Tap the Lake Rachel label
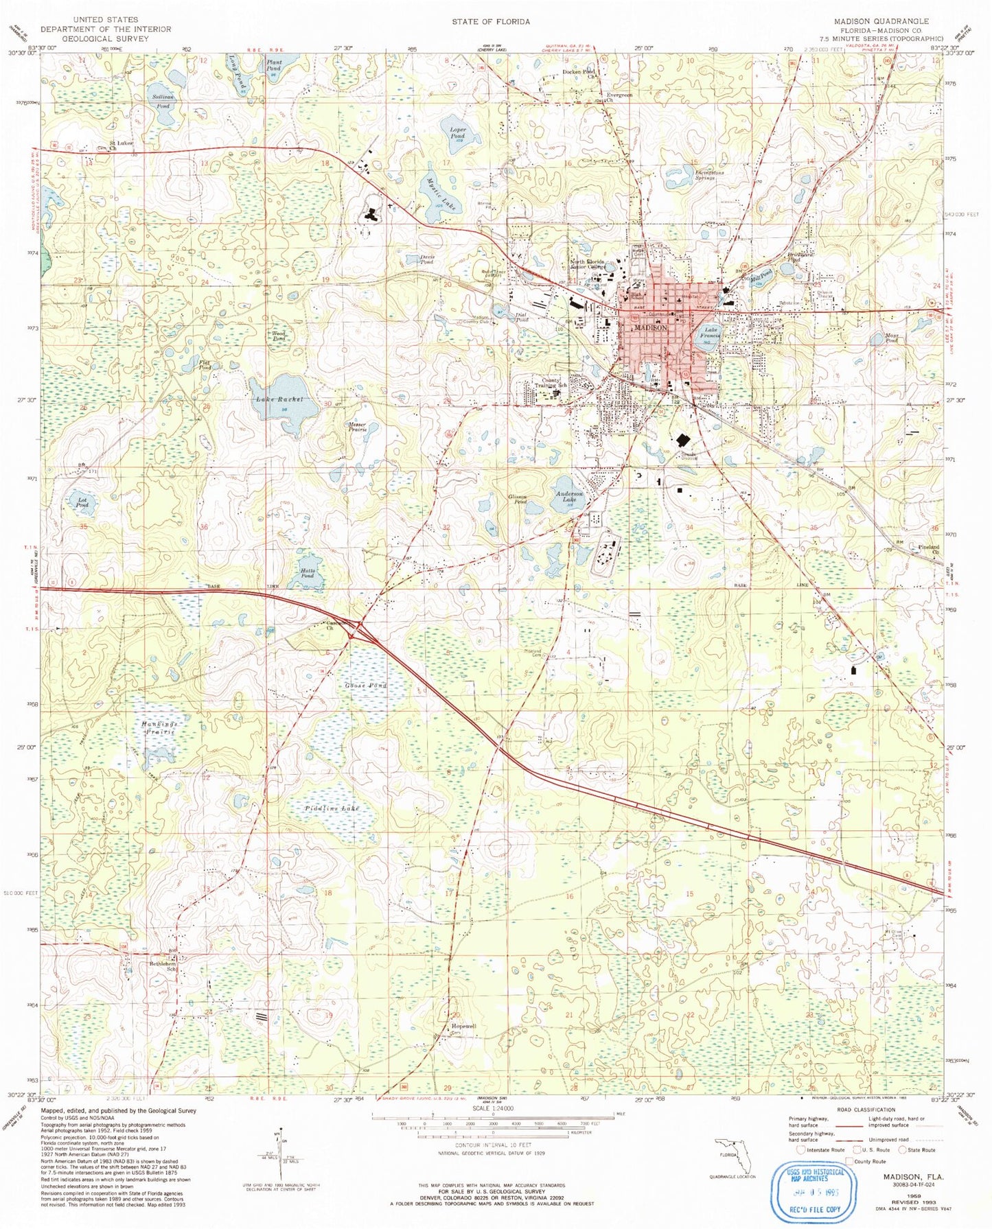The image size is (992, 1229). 279,399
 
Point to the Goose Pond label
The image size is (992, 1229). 365,686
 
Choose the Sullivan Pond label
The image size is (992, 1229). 163,102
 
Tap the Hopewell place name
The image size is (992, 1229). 463,1026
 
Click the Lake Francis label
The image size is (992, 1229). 710,333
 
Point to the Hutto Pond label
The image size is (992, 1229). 307,572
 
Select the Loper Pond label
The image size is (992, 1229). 458,132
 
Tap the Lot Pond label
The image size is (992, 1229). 82,502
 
